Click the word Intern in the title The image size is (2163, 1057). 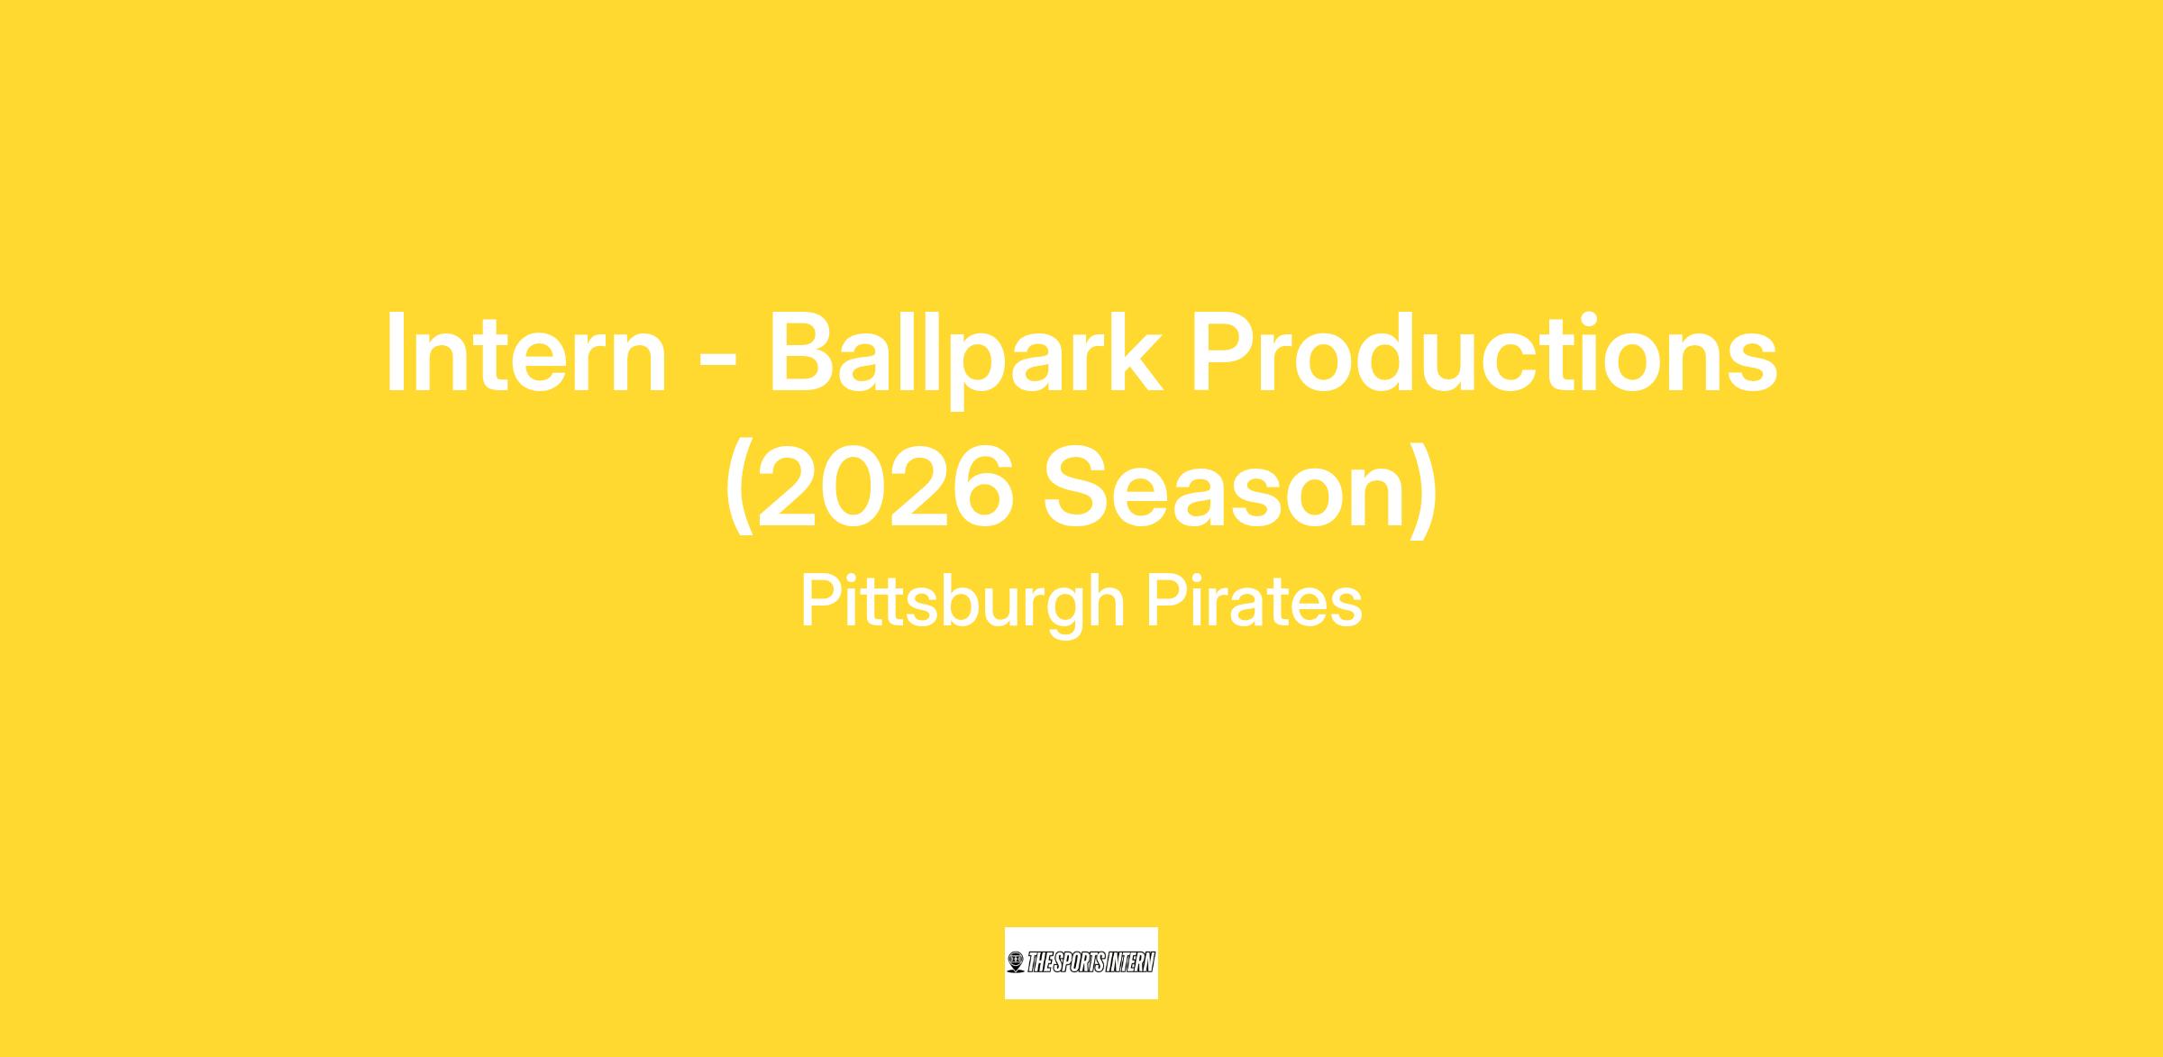click(x=526, y=354)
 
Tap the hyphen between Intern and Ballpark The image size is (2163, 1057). click(x=718, y=359)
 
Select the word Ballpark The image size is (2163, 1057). click(x=964, y=358)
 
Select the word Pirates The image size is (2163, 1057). click(x=1254, y=601)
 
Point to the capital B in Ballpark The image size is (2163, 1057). click(x=806, y=354)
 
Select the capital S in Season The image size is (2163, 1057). click(x=1080, y=487)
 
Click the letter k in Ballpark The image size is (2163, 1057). click(x=1132, y=352)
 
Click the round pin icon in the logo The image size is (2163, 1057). click(x=1016, y=962)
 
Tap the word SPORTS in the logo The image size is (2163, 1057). click(x=1080, y=962)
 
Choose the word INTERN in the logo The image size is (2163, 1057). click(x=1130, y=962)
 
